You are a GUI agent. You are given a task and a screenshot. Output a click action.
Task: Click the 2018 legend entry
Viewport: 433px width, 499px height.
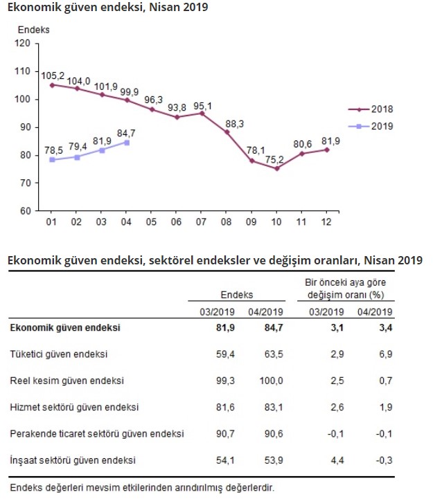click(374, 109)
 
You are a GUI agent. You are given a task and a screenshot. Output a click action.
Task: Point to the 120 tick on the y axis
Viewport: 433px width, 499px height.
click(23, 43)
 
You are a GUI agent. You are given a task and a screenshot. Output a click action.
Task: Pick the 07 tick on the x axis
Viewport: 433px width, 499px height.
click(201, 221)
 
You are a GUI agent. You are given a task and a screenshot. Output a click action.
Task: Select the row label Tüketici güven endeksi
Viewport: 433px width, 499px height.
click(59, 354)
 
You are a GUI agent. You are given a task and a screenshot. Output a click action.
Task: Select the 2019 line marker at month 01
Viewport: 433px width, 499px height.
click(51, 160)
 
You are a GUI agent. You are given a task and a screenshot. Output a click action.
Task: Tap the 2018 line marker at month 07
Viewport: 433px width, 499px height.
click(201, 113)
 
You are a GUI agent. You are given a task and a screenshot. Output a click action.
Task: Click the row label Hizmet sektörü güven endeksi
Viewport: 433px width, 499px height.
click(74, 406)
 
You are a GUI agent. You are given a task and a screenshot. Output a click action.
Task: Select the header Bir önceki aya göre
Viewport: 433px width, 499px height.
click(346, 282)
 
